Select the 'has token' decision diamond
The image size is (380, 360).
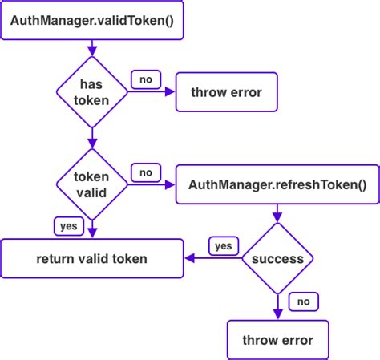[92, 92]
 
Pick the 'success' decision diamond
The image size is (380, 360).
[277, 258]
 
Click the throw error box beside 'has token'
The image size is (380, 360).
[226, 93]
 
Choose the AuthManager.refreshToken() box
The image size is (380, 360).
[277, 185]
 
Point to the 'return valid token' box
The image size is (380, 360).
[92, 258]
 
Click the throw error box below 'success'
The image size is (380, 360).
[277, 339]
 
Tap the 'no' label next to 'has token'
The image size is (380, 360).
[146, 79]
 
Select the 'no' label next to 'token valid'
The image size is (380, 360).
[146, 172]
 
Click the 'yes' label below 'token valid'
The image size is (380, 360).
[69, 226]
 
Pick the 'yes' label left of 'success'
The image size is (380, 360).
[223, 245]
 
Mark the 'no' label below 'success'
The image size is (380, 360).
[304, 301]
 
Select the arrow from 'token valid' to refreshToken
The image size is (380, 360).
[152, 185]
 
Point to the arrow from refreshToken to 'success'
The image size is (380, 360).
[277, 213]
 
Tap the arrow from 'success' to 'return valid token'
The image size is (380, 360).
[213, 258]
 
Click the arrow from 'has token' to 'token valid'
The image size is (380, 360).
[92, 138]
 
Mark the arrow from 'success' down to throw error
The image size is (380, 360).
[277, 306]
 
